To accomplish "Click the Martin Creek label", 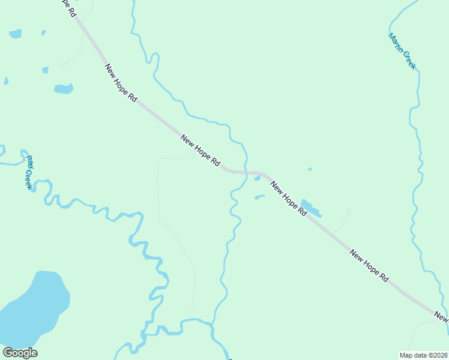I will [x=402, y=51].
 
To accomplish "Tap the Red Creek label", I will [x=29, y=172].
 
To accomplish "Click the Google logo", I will [x=20, y=353].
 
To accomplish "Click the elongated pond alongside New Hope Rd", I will [x=310, y=208].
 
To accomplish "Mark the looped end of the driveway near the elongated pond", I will [x=348, y=211].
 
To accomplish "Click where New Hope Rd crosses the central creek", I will [x=246, y=172].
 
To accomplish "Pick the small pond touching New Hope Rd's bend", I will [x=258, y=178].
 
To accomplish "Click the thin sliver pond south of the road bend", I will [x=259, y=196].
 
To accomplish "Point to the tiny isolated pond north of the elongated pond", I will [x=310, y=169].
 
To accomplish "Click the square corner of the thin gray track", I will [x=159, y=158].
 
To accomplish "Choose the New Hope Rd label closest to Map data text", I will [x=369, y=266].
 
